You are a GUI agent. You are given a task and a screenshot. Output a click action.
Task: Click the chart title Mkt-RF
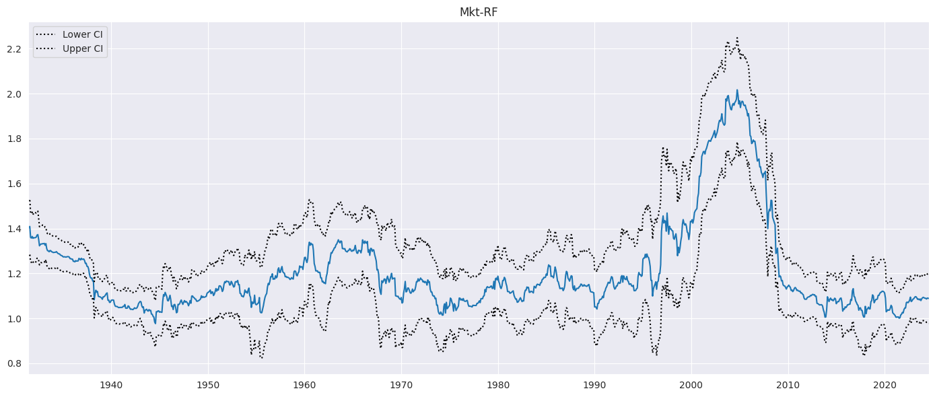point(479,12)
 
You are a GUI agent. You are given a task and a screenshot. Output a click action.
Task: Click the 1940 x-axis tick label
point(111,385)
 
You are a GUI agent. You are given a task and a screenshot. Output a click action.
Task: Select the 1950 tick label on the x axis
point(208,385)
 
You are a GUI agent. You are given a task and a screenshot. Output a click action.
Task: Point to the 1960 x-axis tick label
point(304,385)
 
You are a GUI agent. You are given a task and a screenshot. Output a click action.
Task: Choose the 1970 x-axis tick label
point(401,385)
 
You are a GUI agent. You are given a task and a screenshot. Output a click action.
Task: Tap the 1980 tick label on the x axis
point(498,385)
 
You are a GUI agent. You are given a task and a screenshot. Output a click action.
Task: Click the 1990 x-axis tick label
point(594,385)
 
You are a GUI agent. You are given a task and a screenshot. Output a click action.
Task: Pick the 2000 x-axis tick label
point(691,385)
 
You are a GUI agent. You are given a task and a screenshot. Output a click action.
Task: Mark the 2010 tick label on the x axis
point(788,385)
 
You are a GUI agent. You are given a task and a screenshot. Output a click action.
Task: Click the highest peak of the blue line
point(736,90)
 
